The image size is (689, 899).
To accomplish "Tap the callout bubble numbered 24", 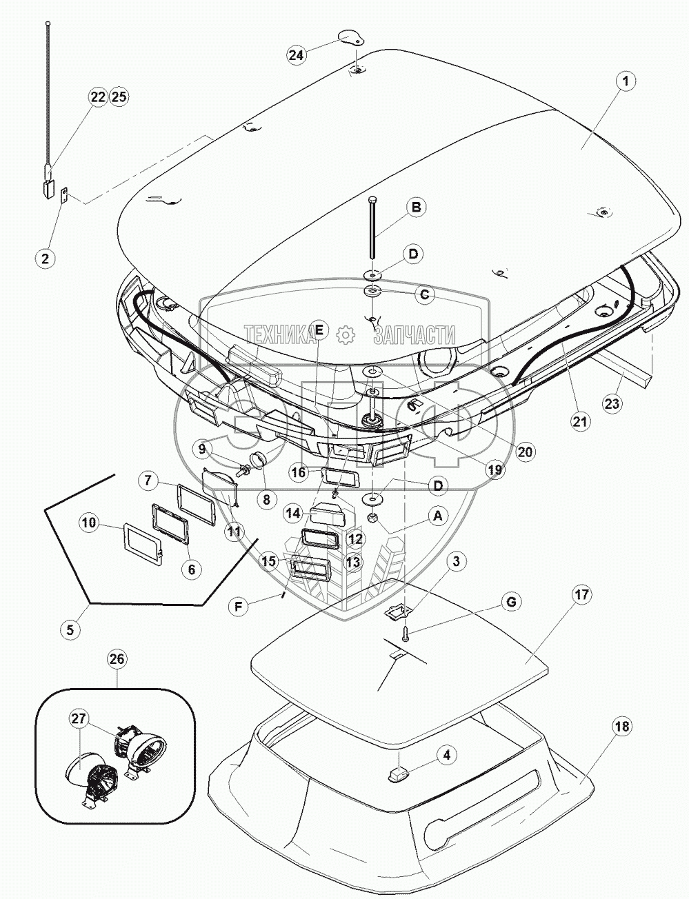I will (297, 55).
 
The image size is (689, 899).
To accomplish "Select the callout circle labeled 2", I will (45, 259).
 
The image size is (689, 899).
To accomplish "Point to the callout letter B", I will (416, 206).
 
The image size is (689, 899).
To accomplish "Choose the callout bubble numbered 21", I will (580, 421).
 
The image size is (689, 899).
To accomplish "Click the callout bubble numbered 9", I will (201, 448).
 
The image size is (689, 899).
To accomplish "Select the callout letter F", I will (238, 607).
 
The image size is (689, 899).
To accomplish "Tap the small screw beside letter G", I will (406, 630).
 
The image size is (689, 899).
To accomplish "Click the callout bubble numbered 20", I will (526, 452).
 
